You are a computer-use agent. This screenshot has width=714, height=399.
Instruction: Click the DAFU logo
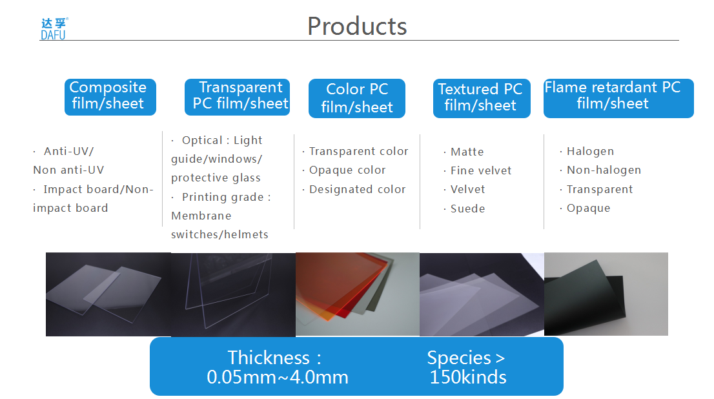(x=54, y=29)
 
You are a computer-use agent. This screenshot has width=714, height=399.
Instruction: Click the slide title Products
(x=357, y=26)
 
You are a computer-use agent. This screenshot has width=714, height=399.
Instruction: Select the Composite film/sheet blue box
(x=110, y=97)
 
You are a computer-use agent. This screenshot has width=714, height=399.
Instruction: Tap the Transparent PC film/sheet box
(x=237, y=97)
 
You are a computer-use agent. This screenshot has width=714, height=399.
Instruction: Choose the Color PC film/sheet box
(x=357, y=98)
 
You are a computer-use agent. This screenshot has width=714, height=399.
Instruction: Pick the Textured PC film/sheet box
(x=482, y=98)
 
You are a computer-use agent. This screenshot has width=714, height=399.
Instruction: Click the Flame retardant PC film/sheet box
(x=618, y=98)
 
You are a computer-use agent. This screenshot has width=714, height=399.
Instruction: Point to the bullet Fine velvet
(x=481, y=170)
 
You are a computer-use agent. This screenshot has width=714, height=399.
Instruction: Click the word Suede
(x=467, y=209)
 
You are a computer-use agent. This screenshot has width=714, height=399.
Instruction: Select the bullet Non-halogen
(x=604, y=170)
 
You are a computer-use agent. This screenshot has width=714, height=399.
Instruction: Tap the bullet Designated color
(x=358, y=189)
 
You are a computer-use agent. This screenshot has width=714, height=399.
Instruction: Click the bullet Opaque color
(x=347, y=170)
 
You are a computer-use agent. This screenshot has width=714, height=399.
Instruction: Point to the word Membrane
(x=201, y=216)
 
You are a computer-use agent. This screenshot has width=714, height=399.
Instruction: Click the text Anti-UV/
(x=69, y=151)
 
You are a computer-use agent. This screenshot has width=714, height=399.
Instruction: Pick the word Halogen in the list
(x=590, y=151)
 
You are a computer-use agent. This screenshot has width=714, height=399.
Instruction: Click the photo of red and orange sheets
(x=358, y=294)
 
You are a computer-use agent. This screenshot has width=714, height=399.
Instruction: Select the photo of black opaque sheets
(x=606, y=294)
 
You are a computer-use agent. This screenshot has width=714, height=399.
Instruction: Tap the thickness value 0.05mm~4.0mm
(x=278, y=378)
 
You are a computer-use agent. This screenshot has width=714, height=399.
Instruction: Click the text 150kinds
(x=468, y=378)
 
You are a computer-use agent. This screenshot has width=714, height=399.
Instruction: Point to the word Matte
(x=467, y=152)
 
